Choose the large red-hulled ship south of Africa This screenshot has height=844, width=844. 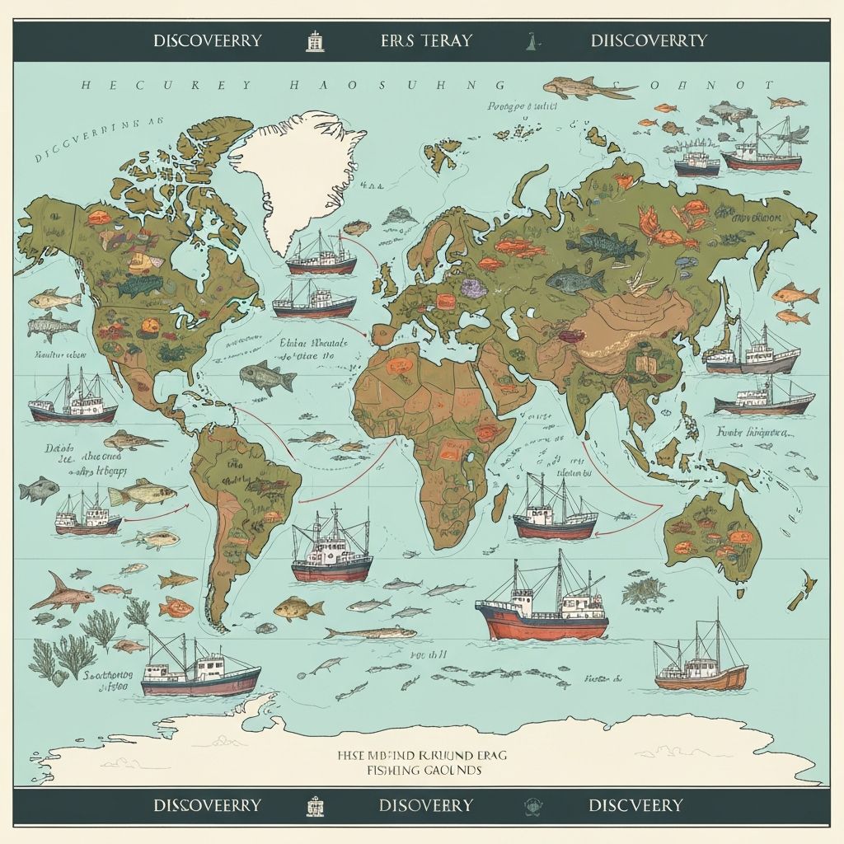point(542,610)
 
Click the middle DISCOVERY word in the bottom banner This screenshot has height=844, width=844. point(426,804)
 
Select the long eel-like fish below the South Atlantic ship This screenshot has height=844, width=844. point(371,633)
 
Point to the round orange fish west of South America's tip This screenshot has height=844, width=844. point(175,608)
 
